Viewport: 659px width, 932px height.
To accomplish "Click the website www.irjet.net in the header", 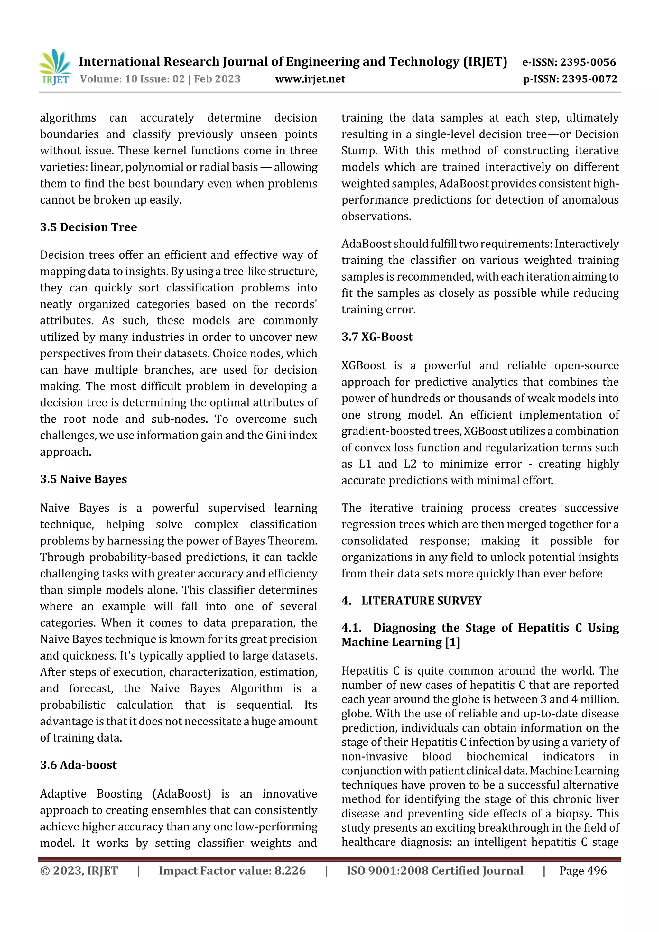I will point(310,79).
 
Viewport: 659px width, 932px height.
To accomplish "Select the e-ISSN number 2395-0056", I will point(588,62).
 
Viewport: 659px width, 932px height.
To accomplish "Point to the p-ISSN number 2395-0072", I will point(589,79).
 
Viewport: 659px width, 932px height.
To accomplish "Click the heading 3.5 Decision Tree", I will point(88,227).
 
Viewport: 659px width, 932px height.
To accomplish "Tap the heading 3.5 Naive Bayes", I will point(83,479).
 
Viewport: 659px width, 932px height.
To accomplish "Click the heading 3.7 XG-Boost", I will point(377,337).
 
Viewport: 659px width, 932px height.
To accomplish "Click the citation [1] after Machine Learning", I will point(452,642).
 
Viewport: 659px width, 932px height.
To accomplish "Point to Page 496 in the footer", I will point(583,871).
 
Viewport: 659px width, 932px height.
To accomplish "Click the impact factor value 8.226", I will point(290,871).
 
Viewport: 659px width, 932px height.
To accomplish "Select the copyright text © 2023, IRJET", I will point(79,871).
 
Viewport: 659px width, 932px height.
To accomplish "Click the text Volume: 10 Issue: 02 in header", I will point(132,79).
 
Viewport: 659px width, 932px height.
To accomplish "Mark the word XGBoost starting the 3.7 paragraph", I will point(363,366).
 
